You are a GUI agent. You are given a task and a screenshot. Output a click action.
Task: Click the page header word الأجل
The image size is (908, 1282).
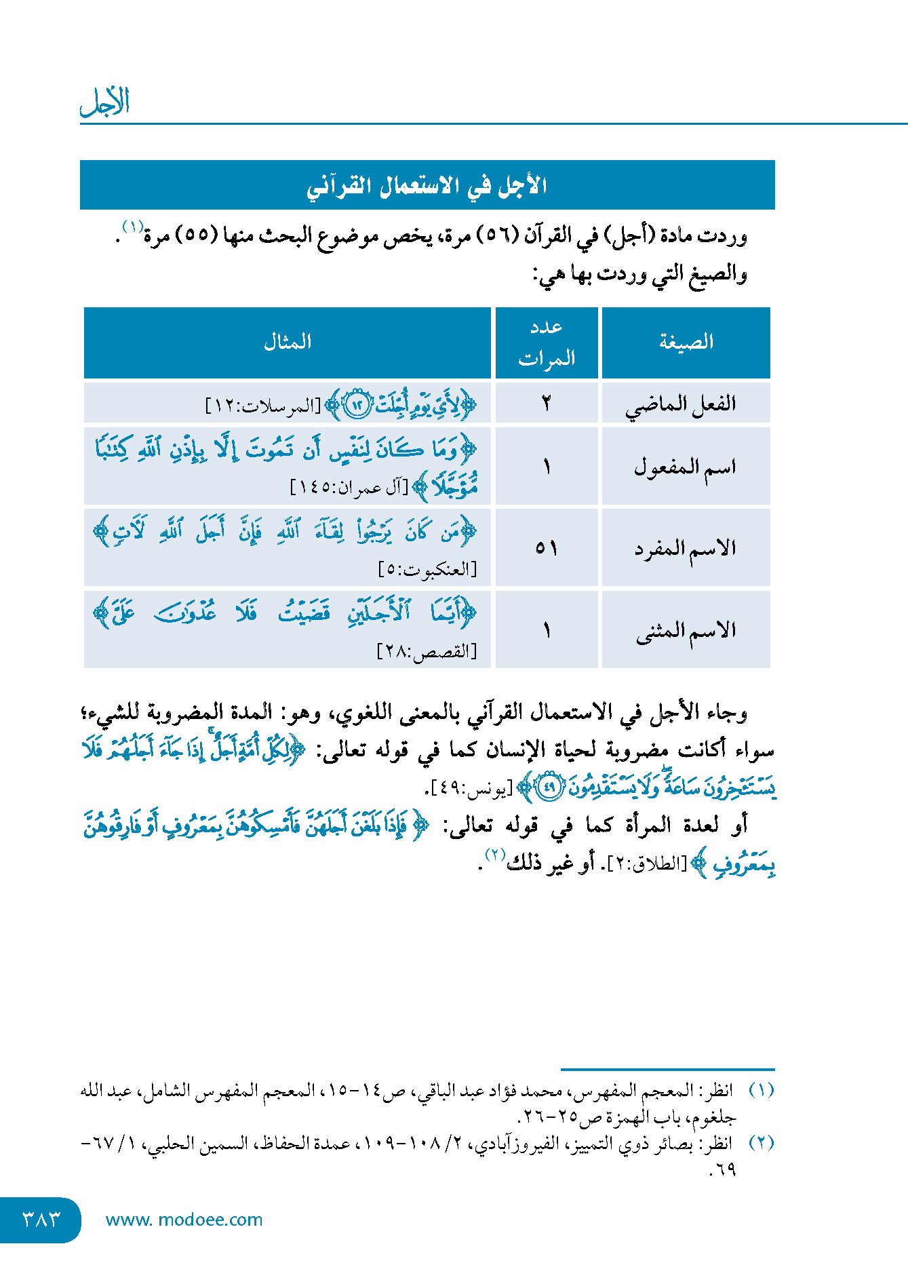click(x=104, y=102)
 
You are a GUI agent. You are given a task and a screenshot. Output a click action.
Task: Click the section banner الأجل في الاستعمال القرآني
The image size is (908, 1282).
click(x=427, y=185)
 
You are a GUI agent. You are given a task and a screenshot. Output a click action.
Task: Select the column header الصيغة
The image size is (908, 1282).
click(x=686, y=342)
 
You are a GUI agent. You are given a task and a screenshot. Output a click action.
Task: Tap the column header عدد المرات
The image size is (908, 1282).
click(x=547, y=342)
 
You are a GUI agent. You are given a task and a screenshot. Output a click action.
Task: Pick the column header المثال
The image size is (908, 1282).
click(x=288, y=342)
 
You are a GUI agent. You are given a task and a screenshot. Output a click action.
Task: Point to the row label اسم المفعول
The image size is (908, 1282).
click(x=684, y=467)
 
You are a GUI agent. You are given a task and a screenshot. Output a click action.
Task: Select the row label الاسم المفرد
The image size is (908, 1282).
click(x=685, y=548)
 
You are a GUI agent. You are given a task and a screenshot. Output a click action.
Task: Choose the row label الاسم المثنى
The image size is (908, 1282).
click(x=686, y=630)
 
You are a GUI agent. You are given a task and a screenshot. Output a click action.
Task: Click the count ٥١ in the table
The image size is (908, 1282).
click(x=547, y=548)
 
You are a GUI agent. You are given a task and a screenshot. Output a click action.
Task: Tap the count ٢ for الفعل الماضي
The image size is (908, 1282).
click(x=547, y=404)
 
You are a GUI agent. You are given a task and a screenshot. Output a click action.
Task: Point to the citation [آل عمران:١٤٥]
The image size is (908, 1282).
click(x=349, y=487)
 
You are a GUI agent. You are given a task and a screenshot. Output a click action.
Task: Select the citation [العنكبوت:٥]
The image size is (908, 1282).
click(x=427, y=570)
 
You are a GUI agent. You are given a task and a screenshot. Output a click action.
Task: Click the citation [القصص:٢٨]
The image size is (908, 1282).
click(x=427, y=652)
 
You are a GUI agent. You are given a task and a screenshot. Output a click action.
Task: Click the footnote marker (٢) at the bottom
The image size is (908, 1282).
click(x=761, y=1144)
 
